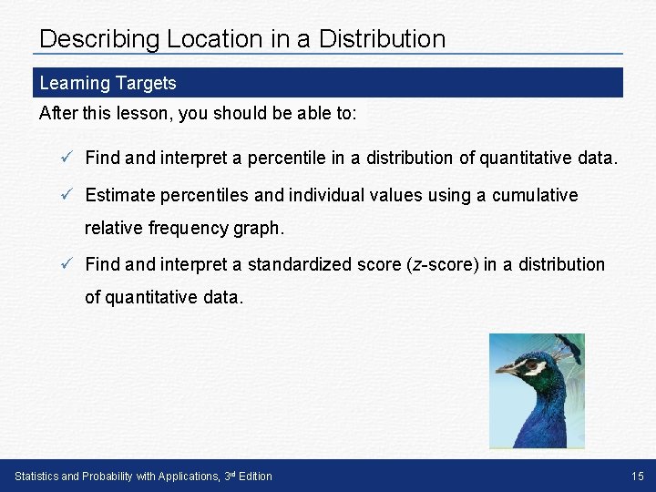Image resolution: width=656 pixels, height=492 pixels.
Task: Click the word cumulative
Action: click(x=533, y=195)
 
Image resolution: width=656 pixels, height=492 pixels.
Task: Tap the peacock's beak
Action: click(x=506, y=369)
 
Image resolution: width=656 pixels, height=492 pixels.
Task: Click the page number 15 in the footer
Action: click(x=636, y=476)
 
